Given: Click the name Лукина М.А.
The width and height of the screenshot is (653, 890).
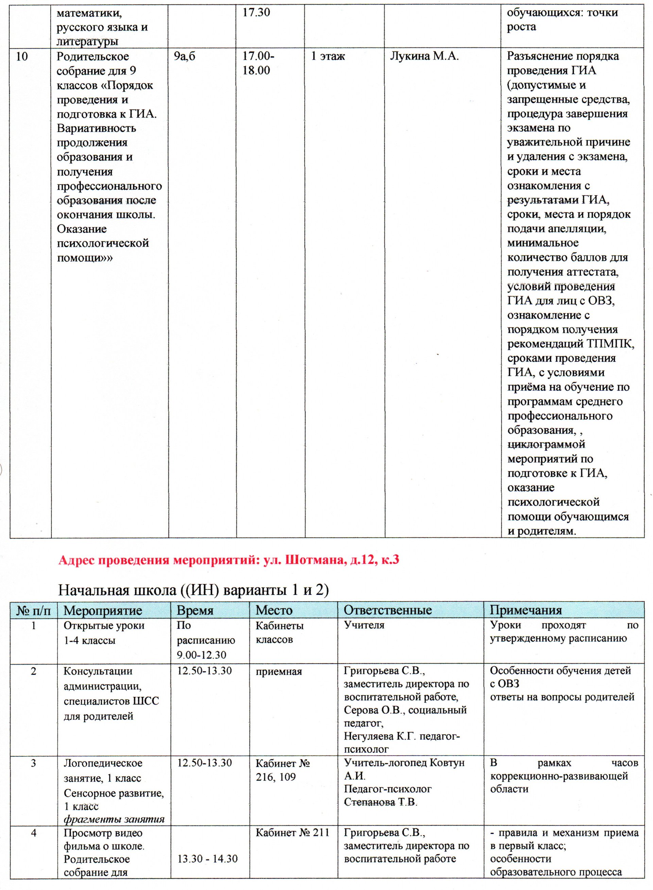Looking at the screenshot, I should [x=424, y=56].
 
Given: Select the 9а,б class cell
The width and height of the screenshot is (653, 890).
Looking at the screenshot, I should [x=185, y=56].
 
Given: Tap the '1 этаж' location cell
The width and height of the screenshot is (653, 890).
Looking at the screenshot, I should [x=328, y=56].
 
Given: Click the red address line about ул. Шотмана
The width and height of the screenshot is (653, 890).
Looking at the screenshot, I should [x=228, y=560].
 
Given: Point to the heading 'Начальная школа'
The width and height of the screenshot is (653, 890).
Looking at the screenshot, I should [x=193, y=591].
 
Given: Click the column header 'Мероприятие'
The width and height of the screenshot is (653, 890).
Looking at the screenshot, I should [x=103, y=610].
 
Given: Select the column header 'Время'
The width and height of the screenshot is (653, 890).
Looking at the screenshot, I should [x=195, y=610].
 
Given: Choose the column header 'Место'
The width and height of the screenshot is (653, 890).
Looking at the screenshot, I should [x=274, y=610].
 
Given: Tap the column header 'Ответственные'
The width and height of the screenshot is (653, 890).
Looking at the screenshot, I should [x=388, y=610].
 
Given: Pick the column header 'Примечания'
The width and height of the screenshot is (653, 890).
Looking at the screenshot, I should [x=526, y=610].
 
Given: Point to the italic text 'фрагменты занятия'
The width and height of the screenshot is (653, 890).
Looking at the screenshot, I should [x=114, y=819].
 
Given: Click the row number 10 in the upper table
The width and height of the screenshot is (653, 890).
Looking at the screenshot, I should [x=22, y=56].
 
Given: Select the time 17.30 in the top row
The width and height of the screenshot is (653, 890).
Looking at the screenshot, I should [x=256, y=12].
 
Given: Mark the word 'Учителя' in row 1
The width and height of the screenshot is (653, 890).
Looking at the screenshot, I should [x=364, y=625].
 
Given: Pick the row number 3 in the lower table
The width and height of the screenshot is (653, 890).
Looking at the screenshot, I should [x=34, y=763].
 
